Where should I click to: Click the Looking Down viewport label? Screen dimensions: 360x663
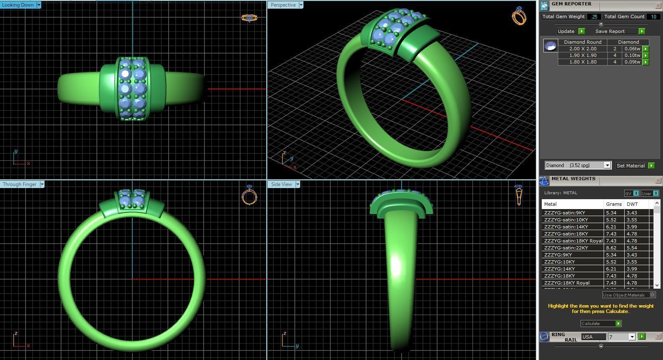point(18,5)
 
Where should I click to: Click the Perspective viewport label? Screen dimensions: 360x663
point(283,5)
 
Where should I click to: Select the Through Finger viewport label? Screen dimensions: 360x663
point(19,184)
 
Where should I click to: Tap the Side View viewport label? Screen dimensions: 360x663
point(281,184)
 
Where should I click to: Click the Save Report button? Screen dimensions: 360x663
point(610,31)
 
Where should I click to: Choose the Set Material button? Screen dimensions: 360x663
point(630,166)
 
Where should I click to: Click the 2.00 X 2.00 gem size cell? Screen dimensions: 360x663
point(583,49)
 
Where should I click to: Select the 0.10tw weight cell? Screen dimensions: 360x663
point(632,55)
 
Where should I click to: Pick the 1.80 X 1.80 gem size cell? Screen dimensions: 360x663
point(583,62)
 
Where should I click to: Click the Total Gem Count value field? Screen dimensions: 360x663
point(653,17)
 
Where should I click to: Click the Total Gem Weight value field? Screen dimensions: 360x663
point(594,17)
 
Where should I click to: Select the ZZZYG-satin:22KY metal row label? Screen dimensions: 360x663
point(566,248)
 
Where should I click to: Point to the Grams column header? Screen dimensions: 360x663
point(614,204)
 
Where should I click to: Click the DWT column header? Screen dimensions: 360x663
point(632,204)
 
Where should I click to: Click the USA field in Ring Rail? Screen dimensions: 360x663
point(593,337)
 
